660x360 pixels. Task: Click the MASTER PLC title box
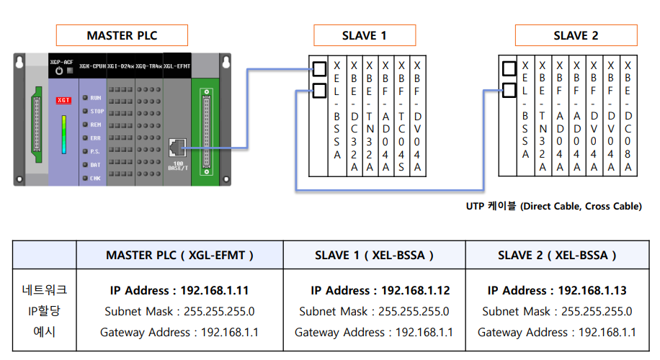[122, 35]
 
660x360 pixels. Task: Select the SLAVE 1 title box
[364, 35]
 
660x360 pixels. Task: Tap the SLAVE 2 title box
[576, 35]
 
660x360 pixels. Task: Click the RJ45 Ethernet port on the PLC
[175, 148]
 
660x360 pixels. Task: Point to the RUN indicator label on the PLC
[97, 97]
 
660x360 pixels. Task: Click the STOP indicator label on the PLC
[97, 111]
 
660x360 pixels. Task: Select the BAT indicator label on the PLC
[96, 165]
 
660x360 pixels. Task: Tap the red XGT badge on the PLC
[63, 100]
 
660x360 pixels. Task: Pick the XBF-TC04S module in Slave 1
[401, 115]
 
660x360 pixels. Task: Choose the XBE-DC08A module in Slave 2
[628, 115]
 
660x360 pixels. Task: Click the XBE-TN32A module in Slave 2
[542, 115]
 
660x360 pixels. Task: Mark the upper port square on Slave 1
[319, 69]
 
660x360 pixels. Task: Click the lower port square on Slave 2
[509, 91]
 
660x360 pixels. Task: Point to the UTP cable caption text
[553, 207]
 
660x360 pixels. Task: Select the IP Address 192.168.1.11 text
[179, 291]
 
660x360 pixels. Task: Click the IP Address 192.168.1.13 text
[557, 291]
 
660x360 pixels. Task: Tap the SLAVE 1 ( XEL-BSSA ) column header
[374, 255]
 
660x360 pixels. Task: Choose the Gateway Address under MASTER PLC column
[179, 332]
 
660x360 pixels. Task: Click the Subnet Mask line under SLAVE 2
[557, 312]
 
